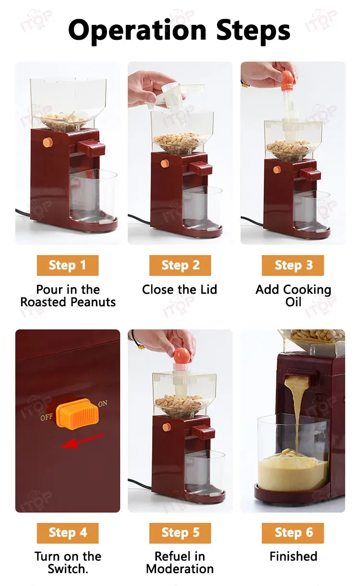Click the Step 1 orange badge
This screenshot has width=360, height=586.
[68, 265]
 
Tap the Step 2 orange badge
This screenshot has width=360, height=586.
[180, 265]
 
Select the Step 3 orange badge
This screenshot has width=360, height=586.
[293, 265]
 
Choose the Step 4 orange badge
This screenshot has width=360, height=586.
[68, 533]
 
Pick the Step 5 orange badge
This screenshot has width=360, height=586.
[180, 533]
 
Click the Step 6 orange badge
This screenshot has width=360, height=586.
[293, 533]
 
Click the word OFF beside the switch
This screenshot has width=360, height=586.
[47, 417]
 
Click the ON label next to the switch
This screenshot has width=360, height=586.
[103, 404]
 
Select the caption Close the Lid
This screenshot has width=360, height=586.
[180, 289]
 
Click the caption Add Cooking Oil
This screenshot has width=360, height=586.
[293, 296]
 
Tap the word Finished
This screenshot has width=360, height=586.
[293, 556]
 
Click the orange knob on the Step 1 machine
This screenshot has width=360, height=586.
[48, 142]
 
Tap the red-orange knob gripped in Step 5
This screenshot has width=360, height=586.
[183, 356]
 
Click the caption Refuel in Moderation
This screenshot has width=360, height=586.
[180, 562]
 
